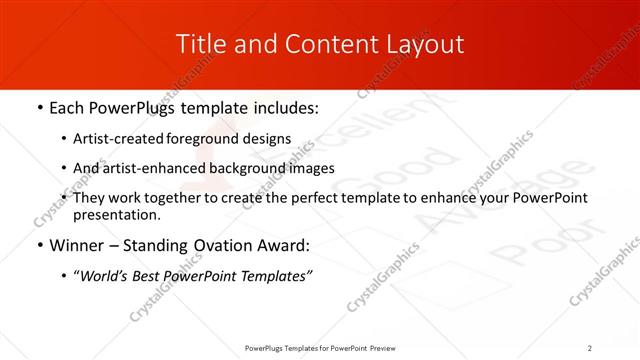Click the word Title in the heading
coord(200,44)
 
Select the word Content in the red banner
coord(309,44)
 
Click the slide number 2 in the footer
coord(590,347)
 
